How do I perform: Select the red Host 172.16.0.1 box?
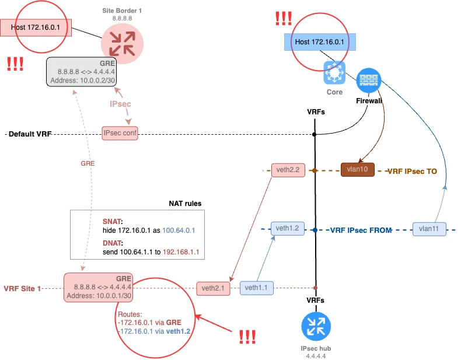[x=36, y=27]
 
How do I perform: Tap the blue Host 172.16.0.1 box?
[x=319, y=42]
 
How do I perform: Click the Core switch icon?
[x=334, y=73]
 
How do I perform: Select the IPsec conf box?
[x=120, y=134]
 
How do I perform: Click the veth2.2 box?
[x=288, y=170]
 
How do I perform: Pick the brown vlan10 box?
[x=358, y=170]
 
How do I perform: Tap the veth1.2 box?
[x=288, y=229]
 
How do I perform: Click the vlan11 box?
[x=429, y=229]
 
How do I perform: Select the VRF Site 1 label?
[x=23, y=288]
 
